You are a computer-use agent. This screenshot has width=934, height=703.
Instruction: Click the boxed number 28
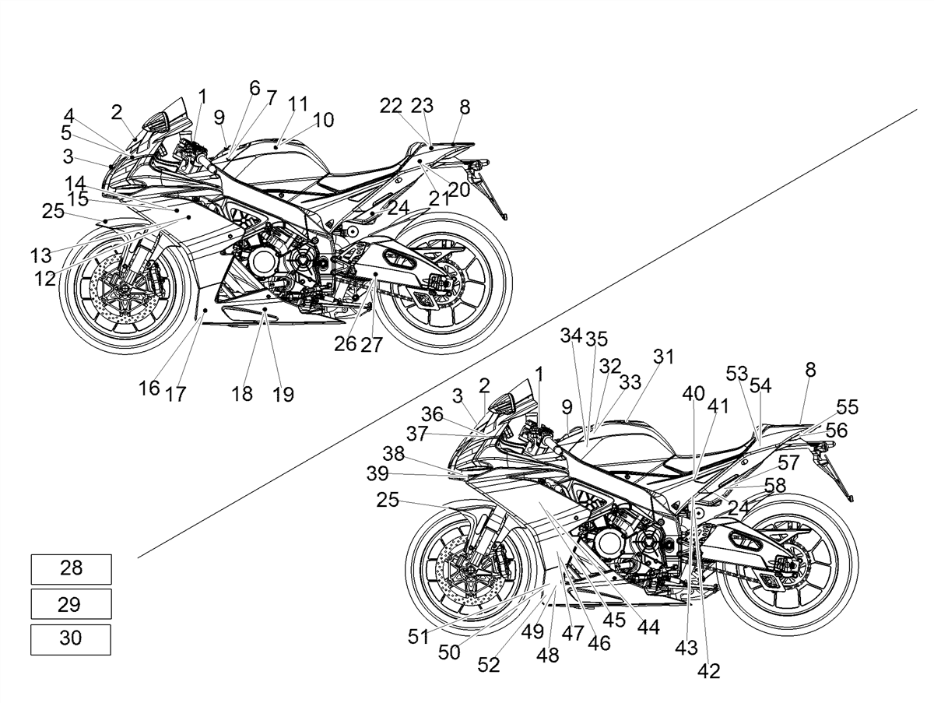click(x=71, y=568)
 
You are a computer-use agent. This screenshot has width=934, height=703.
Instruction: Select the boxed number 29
click(x=69, y=604)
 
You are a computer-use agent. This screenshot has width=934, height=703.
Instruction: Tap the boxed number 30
click(x=71, y=638)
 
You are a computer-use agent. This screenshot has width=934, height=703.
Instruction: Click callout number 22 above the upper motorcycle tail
click(x=391, y=106)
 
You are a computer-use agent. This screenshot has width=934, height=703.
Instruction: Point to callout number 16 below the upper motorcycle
click(x=149, y=388)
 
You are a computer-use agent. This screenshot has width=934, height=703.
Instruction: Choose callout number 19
click(x=283, y=395)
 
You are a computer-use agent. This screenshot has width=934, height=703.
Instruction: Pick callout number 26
click(x=345, y=344)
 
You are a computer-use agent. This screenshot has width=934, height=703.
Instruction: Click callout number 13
click(x=40, y=256)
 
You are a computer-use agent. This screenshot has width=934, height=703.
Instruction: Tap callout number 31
click(x=664, y=357)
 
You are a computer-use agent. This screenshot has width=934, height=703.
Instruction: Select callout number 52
click(x=489, y=665)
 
